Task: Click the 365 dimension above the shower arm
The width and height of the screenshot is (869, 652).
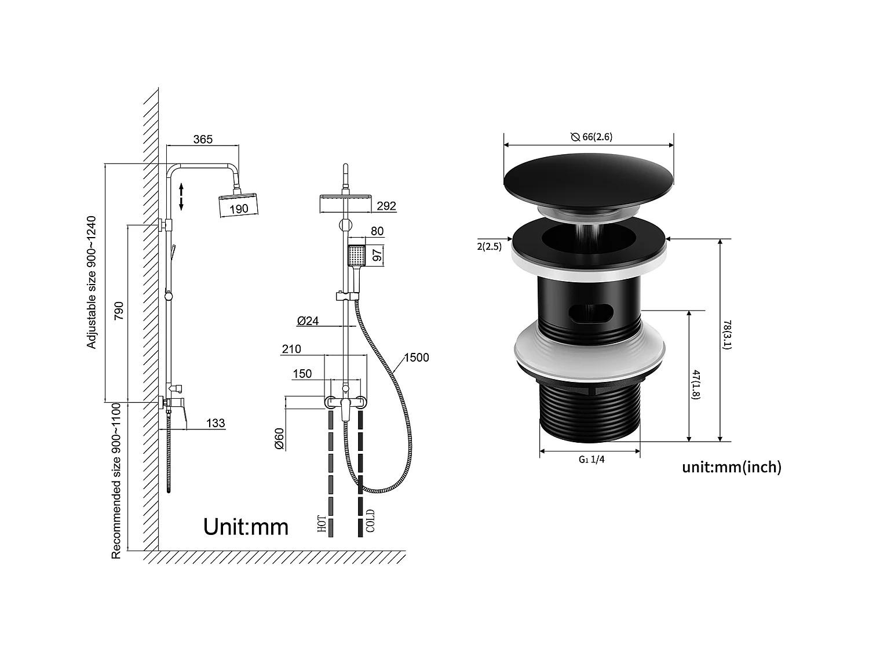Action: pos(203,139)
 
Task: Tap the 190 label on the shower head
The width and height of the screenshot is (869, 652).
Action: pos(239,209)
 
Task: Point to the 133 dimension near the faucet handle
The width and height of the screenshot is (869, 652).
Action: pos(216,423)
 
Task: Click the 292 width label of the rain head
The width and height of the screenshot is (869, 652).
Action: pos(386,206)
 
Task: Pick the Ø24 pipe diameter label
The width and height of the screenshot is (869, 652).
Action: pos(308,320)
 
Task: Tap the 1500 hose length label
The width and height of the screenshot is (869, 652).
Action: pos(417,358)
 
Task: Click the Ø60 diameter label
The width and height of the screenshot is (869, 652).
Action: pos(279,439)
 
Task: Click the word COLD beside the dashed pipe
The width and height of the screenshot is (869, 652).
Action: pos(370,520)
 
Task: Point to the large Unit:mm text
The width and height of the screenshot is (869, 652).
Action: pos(246,527)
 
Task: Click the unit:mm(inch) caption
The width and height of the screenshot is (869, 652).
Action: pos(732,467)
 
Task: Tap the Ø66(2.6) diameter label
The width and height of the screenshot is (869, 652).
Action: pos(591,137)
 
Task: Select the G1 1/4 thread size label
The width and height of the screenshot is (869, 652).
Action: pos(591,460)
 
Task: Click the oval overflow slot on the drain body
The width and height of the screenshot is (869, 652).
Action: pos(590,314)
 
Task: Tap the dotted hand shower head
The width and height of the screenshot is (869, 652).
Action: pos(357,255)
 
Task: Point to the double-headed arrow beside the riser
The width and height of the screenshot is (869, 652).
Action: pos(181,196)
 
